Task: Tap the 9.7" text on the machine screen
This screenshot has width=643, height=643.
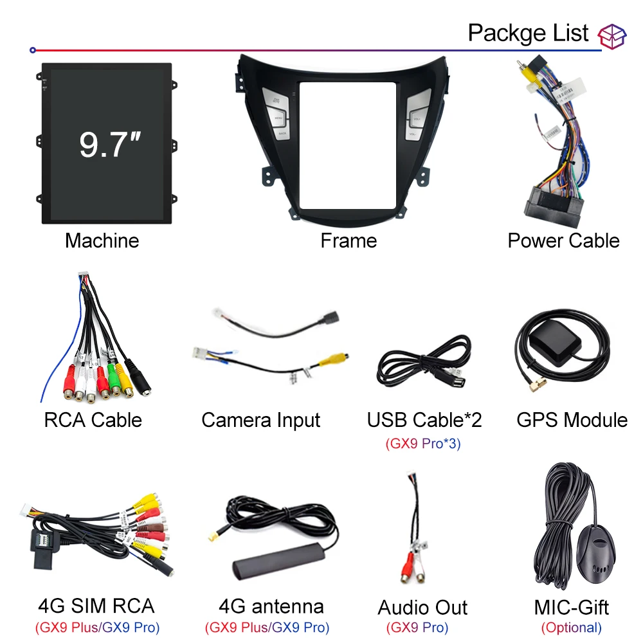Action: click(106, 143)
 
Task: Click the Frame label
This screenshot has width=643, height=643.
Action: click(349, 240)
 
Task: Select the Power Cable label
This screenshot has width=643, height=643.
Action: click(563, 240)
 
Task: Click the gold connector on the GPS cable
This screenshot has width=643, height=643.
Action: click(535, 385)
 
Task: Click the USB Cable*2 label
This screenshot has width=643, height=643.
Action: click(424, 420)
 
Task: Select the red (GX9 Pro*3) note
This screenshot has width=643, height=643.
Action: click(423, 444)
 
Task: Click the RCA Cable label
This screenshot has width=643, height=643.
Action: click(93, 420)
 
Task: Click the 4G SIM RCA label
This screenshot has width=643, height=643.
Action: click(96, 605)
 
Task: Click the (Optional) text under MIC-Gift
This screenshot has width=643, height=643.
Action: click(571, 628)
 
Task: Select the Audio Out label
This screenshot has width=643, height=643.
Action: click(422, 608)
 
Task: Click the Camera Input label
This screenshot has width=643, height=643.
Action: click(260, 420)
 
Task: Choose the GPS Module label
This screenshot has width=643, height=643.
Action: click(572, 420)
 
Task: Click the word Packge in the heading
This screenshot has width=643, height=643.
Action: click(503, 33)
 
